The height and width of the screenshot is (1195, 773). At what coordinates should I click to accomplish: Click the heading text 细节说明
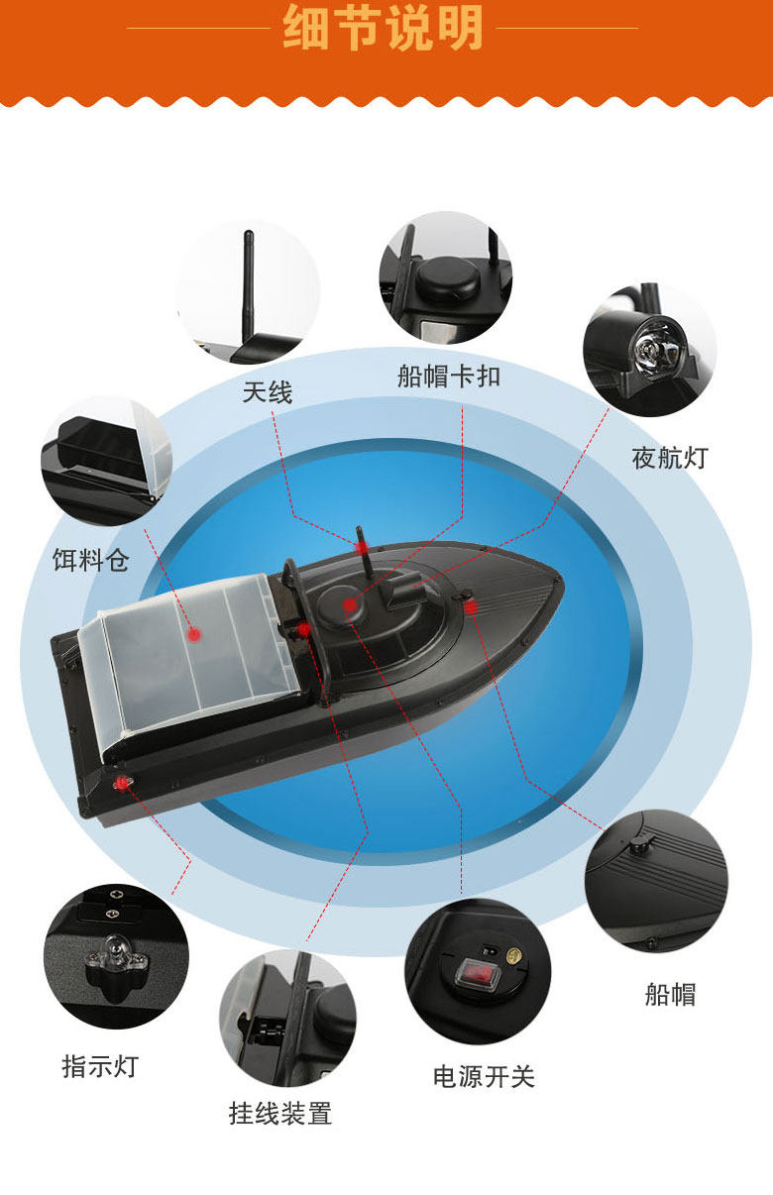[383, 28]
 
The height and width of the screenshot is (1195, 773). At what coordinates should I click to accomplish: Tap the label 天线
[268, 392]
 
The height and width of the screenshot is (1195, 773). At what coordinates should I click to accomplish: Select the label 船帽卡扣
[449, 377]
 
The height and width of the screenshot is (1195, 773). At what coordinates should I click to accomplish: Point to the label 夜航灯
[670, 458]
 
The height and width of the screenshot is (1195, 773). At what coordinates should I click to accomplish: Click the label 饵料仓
[91, 560]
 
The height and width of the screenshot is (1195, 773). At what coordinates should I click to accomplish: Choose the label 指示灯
[100, 1066]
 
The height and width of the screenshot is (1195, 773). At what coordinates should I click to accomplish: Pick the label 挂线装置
[280, 1114]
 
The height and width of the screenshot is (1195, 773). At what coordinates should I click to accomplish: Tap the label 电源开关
[484, 1076]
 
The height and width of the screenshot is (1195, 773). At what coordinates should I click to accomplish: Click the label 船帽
[670, 995]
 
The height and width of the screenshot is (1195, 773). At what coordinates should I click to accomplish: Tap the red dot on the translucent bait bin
[194, 634]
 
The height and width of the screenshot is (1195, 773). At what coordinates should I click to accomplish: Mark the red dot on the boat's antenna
[363, 547]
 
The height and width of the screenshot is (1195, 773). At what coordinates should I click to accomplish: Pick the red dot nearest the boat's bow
[471, 607]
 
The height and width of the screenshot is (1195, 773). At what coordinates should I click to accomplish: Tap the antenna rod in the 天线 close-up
[249, 288]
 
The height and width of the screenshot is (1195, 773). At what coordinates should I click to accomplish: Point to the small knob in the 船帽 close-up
[637, 844]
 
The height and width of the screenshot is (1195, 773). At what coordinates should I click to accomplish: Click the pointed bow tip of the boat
[562, 582]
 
